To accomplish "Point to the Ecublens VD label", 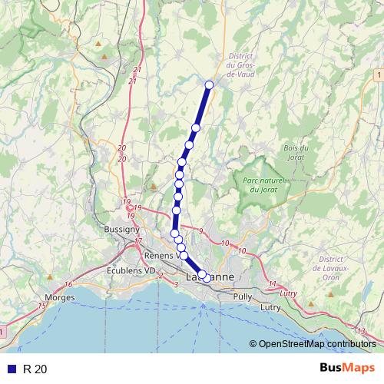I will pos(133,270).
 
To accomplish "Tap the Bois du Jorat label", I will pos(296,152).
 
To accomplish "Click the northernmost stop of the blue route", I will pos(209,84).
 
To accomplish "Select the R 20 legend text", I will pos(35,369).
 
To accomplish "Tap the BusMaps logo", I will pos(346,369).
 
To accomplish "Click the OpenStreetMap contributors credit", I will pos(316,345).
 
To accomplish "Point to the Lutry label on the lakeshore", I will pos(270,307).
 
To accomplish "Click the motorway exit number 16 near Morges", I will pos(68,285).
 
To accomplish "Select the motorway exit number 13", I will pos(361,330).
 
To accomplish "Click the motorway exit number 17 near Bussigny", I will pos(138,242).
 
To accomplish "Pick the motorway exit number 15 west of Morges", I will pos(42,306).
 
